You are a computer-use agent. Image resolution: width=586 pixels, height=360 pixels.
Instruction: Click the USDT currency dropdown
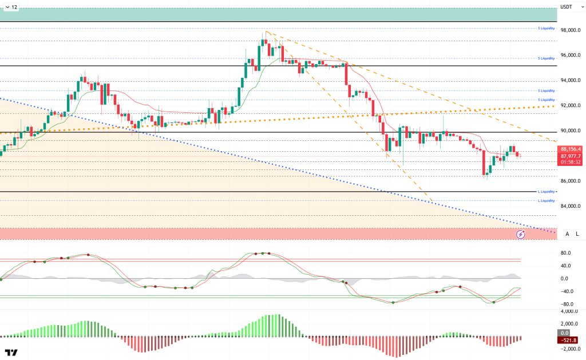pos(566,7)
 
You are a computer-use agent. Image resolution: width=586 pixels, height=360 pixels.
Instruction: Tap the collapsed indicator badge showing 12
pos(11,7)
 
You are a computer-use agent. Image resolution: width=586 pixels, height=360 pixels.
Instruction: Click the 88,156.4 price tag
pos(570,149)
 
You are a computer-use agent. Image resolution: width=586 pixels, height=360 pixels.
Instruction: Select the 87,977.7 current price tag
pos(570,156)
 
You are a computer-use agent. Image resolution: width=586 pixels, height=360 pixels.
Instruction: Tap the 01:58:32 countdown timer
pos(570,162)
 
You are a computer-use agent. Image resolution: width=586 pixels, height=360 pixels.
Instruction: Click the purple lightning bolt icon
pos(521,234)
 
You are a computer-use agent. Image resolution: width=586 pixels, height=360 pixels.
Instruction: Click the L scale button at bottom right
pos(577,234)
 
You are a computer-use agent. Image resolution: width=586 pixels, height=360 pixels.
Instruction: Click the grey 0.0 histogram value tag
pos(564,333)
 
